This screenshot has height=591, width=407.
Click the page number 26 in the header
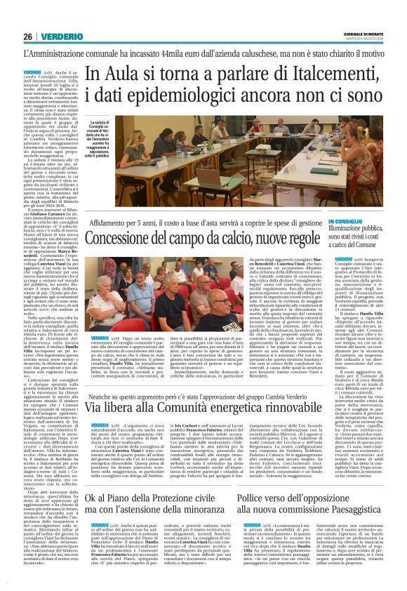[28, 36]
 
